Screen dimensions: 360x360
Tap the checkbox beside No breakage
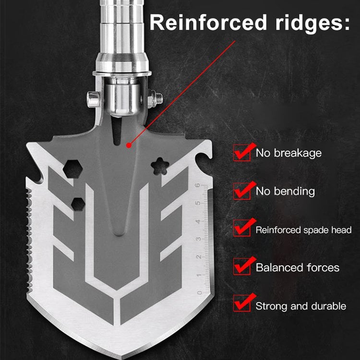(241, 153)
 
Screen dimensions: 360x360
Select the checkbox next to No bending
(241, 191)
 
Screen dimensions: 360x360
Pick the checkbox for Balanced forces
(241, 266)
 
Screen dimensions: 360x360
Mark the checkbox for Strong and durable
(241, 304)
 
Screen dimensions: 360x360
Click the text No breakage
(288, 154)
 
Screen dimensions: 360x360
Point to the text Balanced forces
(298, 267)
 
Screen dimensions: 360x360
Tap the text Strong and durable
(300, 306)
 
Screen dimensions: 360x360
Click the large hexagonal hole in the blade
(73, 168)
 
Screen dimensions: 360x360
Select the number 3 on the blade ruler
(199, 239)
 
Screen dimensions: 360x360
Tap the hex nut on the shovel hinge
(157, 99)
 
